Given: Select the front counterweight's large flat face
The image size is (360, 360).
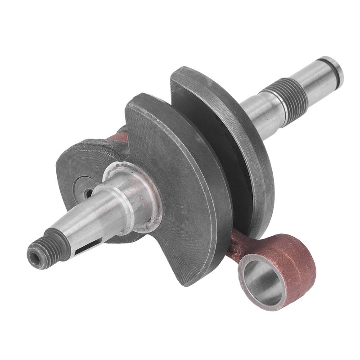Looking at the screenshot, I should [x=180, y=189].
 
